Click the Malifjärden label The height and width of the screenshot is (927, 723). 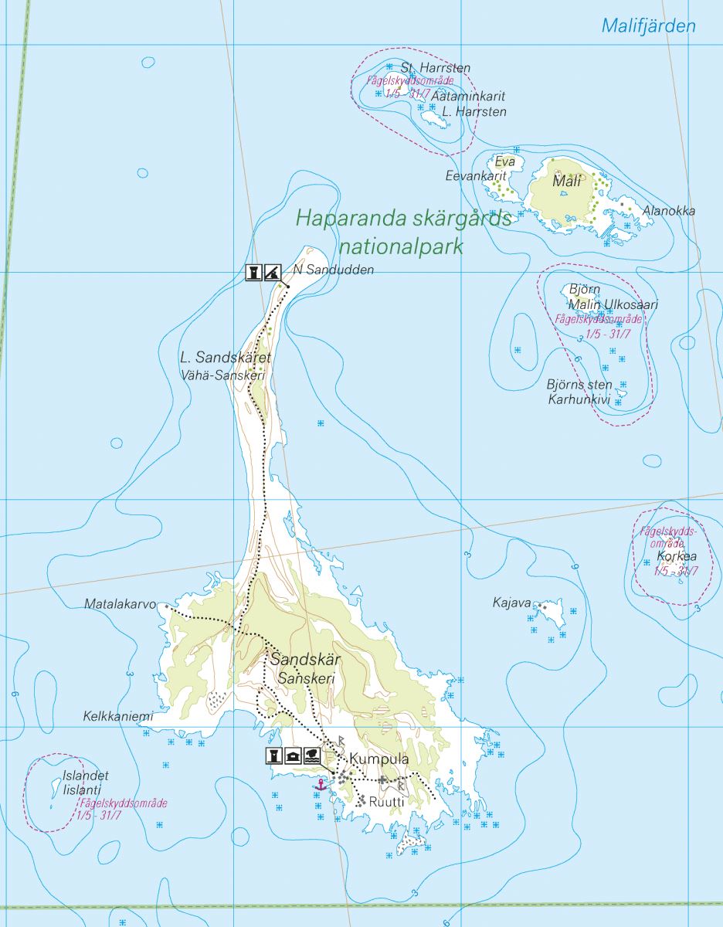click(648, 25)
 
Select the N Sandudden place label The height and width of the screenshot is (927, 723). click(334, 270)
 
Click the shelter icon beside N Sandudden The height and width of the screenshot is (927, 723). click(271, 272)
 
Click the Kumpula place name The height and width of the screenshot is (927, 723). click(378, 759)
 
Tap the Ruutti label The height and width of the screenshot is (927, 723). click(387, 802)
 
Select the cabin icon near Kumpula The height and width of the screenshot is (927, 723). click(293, 756)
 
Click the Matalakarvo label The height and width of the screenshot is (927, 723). click(120, 604)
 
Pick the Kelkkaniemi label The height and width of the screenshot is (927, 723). click(118, 716)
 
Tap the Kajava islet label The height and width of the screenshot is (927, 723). click(512, 602)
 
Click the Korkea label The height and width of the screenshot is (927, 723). click(676, 556)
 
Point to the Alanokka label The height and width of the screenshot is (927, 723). click(669, 211)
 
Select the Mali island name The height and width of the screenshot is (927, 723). click(566, 182)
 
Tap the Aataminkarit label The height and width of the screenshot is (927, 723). click(469, 97)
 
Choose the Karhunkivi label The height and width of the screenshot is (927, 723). click(579, 399)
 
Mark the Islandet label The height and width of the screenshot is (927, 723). click(86, 776)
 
